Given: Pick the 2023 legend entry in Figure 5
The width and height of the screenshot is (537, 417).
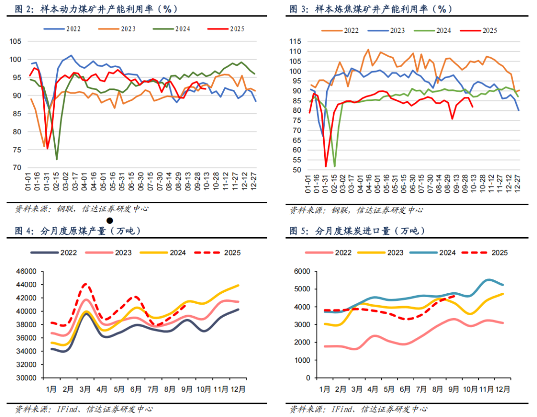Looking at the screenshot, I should pos(391,252).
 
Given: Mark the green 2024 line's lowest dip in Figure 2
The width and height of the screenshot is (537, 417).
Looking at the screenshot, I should pos(57,159).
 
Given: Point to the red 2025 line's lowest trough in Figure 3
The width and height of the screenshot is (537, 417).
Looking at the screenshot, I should pos(326,166).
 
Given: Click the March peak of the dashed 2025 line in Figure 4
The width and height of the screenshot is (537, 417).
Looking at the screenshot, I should pos(86,284).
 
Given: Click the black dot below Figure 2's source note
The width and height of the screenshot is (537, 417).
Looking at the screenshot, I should pos(109,220).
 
